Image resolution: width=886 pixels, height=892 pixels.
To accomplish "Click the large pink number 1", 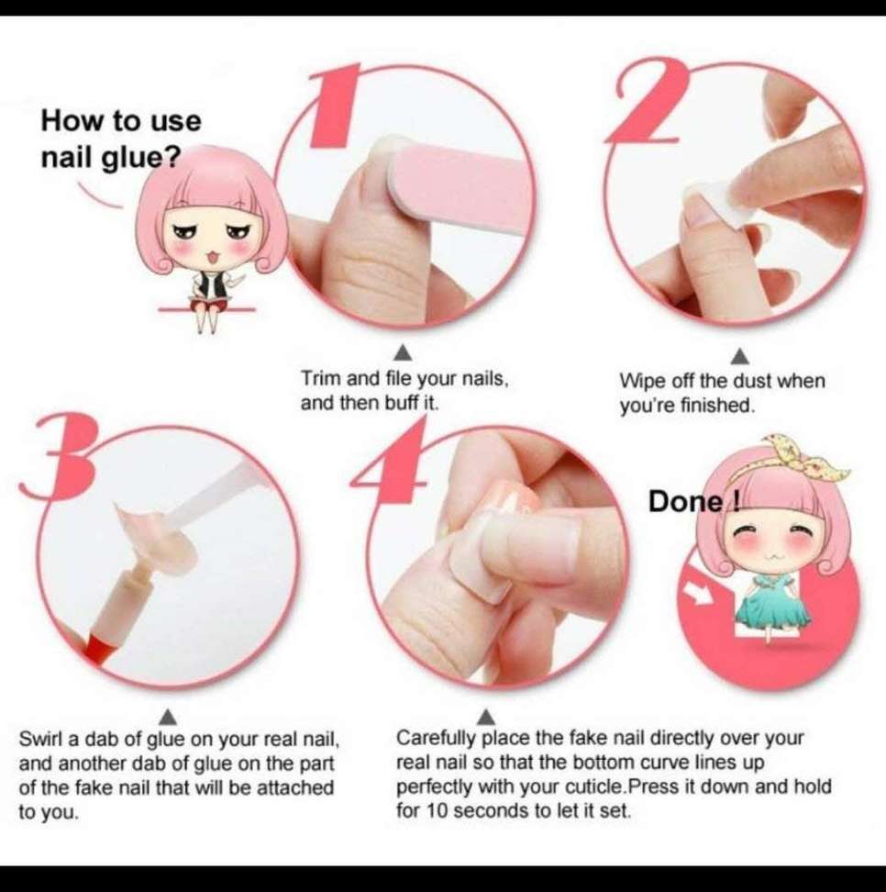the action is click(336, 106).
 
